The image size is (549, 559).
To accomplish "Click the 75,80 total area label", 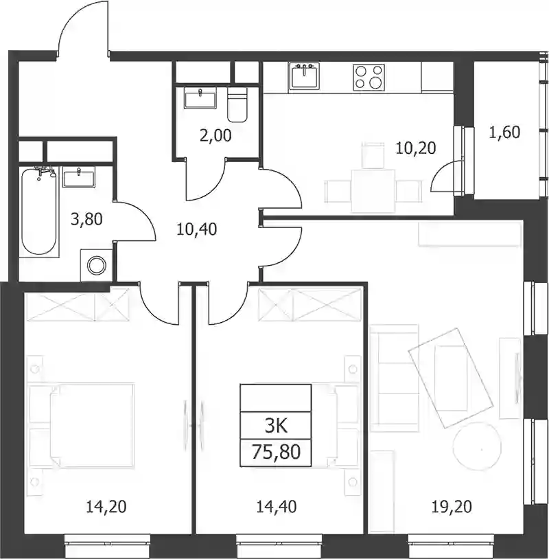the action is pos(276,452).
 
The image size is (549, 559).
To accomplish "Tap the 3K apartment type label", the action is pos(276,425).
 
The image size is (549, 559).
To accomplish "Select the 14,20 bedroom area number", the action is pos(106,507).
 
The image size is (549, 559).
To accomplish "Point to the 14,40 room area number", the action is pos(276,507).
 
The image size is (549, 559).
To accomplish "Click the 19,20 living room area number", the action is pos(452,507).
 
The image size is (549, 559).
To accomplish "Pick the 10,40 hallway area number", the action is pos(197,229).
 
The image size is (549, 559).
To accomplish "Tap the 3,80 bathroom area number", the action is pos(86,219).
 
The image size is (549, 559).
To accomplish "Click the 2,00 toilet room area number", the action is pos(215,135).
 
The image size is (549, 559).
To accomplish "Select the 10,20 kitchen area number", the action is pos(416,148).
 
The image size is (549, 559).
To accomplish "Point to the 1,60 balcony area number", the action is pos(504,133).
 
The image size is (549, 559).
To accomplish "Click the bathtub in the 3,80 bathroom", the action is pos(39,210).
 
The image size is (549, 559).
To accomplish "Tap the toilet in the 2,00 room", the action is pos(237,105).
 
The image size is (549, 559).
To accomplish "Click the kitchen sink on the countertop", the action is pos(304,76).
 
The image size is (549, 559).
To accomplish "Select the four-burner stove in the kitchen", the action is pos(369,78).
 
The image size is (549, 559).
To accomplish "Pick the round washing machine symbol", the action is pos(97,266).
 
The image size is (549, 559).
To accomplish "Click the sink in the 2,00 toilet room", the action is pos(200,98).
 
